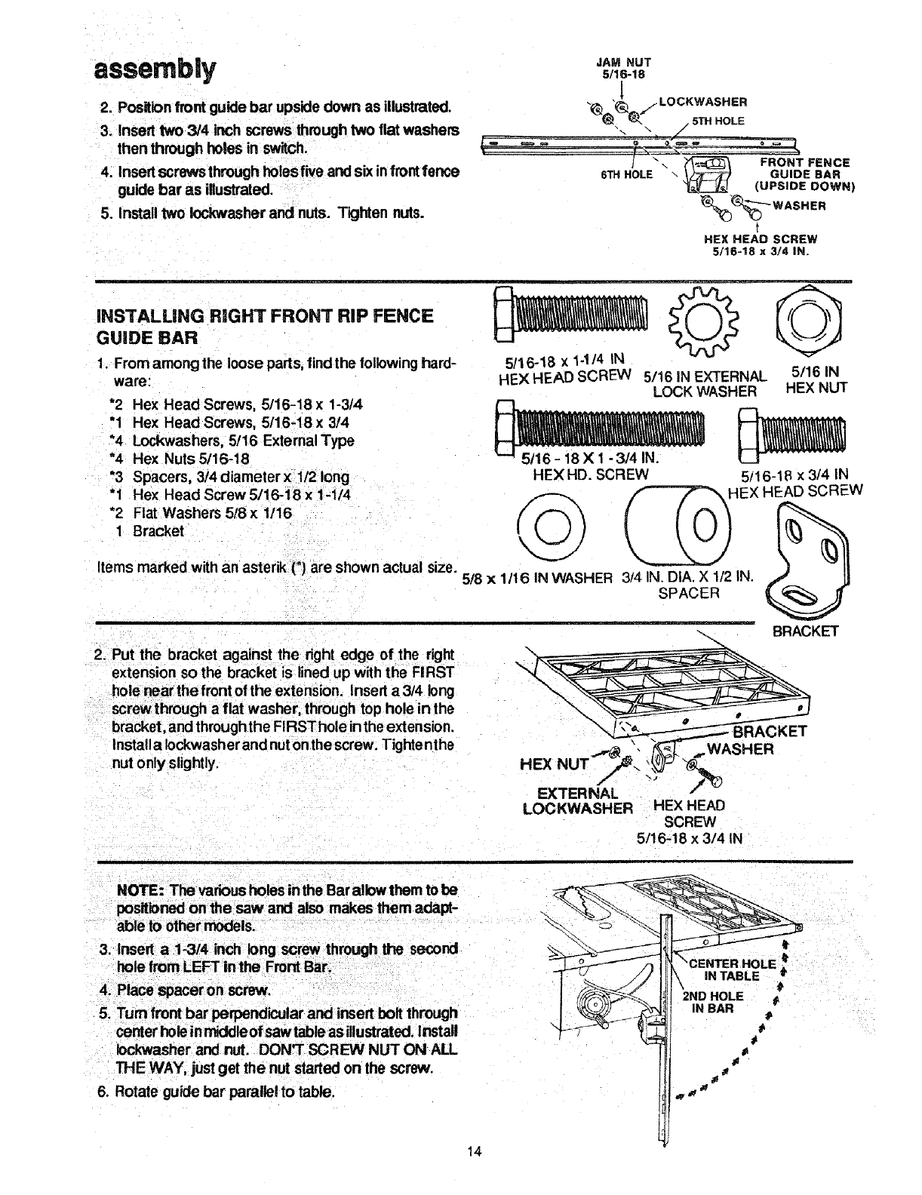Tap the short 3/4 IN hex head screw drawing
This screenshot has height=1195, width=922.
coord(791,435)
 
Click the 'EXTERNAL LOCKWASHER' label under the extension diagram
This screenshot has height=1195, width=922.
coord(577,801)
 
